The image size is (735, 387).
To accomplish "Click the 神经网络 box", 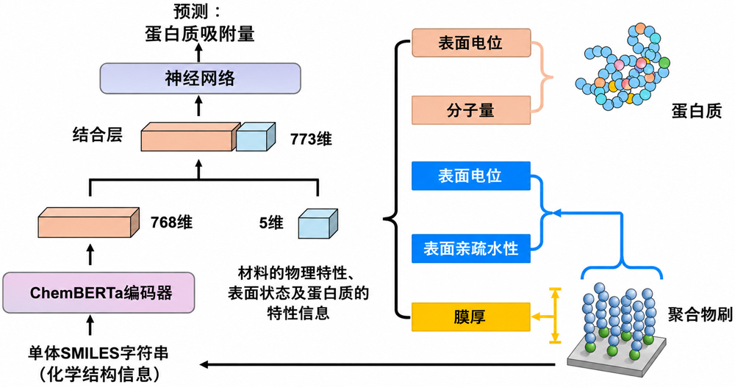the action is point(200,79).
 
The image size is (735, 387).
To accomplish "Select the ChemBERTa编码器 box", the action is point(98,293).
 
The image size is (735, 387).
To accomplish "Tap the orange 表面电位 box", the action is point(471,43).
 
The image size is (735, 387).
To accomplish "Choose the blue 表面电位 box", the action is point(471,176).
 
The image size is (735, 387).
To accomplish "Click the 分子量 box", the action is point(471,110).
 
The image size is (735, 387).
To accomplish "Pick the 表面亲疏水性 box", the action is point(471,248).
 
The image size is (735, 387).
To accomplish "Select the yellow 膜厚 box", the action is point(471,317).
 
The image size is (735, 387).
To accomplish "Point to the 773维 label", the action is point(311,139).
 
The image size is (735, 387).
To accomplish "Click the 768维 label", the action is point(171,222).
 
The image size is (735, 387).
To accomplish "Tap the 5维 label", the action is point(271,223).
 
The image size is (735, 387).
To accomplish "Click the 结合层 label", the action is point(98,135).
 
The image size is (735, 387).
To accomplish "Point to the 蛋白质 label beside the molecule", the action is point(697,111).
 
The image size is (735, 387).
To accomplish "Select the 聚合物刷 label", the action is point(700,315).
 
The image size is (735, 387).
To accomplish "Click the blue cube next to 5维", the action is point(318,223).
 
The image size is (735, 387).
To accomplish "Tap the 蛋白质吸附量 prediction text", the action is point(200,34).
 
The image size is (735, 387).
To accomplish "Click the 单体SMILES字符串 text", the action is point(98,353).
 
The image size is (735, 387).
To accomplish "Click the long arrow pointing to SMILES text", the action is point(378,364).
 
